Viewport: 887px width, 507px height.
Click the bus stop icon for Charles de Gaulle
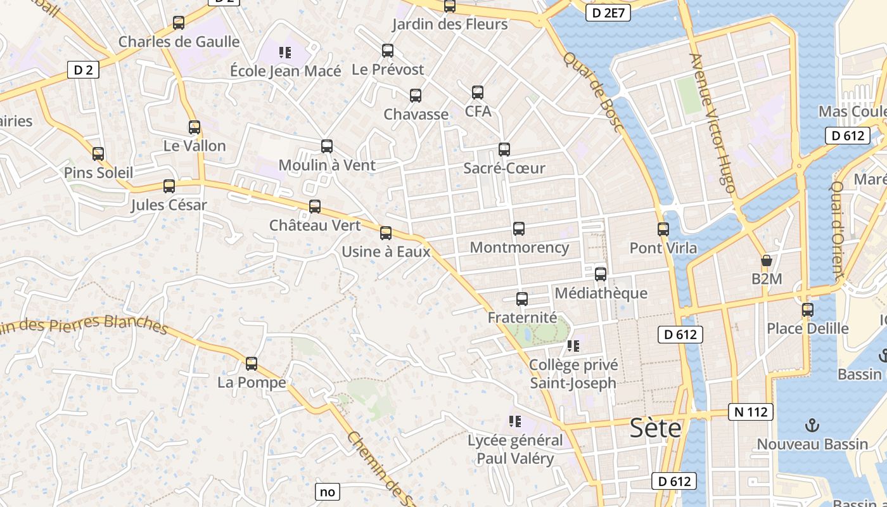click(x=179, y=23)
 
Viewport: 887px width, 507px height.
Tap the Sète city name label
click(x=655, y=428)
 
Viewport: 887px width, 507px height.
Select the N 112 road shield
click(x=751, y=412)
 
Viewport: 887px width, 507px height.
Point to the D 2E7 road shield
click(x=608, y=13)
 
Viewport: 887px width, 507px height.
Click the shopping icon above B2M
click(x=766, y=260)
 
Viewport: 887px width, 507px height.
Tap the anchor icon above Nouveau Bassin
click(x=812, y=425)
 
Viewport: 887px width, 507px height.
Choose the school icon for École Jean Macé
click(x=284, y=51)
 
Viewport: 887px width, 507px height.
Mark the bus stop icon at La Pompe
click(x=252, y=364)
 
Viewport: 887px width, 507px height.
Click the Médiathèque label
click(x=601, y=293)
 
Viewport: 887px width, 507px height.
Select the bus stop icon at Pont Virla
click(x=663, y=229)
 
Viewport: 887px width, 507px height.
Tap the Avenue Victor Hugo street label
click(x=713, y=123)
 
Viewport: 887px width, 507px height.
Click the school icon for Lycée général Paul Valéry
click(x=514, y=421)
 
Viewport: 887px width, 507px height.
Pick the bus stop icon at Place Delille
click(x=808, y=309)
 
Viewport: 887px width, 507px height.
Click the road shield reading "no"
click(x=327, y=491)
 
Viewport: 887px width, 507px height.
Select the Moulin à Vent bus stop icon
click(x=327, y=146)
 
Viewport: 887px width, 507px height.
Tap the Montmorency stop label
click(x=519, y=247)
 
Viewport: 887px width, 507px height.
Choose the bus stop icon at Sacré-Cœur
click(x=504, y=150)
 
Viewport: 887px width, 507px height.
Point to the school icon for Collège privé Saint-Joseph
click(x=573, y=346)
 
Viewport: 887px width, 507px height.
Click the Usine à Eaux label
click(x=386, y=252)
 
